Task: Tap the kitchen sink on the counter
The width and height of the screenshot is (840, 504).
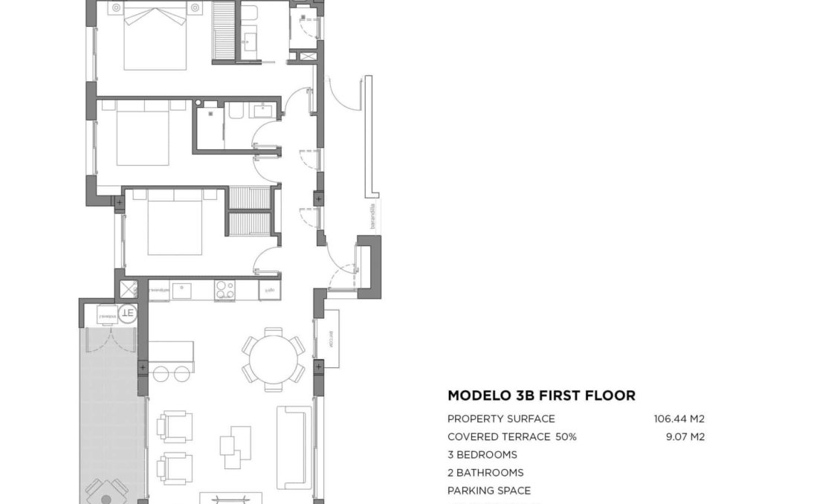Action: pyautogui.click(x=182, y=290)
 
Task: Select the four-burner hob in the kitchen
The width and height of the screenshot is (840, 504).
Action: pyautogui.click(x=224, y=290)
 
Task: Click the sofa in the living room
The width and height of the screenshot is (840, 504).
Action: pyautogui.click(x=293, y=446)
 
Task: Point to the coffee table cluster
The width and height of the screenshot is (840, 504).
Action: pyautogui.click(x=235, y=446)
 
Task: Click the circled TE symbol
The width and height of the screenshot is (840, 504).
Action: pyautogui.click(x=128, y=313)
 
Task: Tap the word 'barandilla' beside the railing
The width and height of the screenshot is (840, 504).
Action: pyautogui.click(x=373, y=216)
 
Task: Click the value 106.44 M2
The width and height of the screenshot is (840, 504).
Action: pyautogui.click(x=679, y=419)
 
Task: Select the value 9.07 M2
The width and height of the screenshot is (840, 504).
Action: pyautogui.click(x=685, y=437)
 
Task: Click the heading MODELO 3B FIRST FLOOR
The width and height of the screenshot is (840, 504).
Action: pyautogui.click(x=541, y=395)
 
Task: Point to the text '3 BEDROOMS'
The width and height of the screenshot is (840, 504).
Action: pyautogui.click(x=482, y=455)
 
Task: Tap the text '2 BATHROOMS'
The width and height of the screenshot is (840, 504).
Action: pyautogui.click(x=485, y=473)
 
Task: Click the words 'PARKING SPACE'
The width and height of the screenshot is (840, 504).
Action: pyautogui.click(x=488, y=491)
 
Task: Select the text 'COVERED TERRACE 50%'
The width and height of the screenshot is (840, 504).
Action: pyautogui.click(x=511, y=437)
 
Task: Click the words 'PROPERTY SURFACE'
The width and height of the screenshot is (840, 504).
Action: pyautogui.click(x=501, y=419)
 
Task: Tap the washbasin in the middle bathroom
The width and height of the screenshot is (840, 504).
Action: pyautogui.click(x=263, y=112)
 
